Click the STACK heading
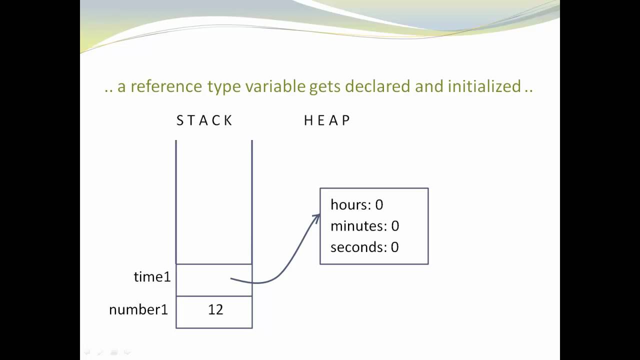coord(204,120)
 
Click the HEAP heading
coord(327,120)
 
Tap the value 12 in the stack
coord(215,310)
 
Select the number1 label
coord(138,310)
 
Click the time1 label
coord(152,277)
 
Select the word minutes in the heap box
coord(358,226)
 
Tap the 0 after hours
coord(379,204)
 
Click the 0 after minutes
coord(395,226)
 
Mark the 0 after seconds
coord(394,247)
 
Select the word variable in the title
coord(275,86)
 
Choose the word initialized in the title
coord(484,86)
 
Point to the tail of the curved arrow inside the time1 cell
coord(231,279)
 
